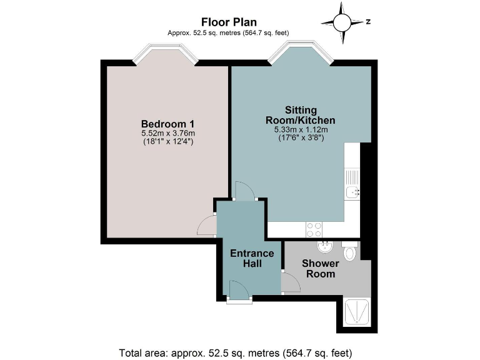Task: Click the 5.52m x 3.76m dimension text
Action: point(167,132)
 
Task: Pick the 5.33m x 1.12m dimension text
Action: point(301,130)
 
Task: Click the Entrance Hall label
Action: point(252,258)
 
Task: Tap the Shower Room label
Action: point(319,269)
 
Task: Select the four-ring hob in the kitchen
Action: point(314,229)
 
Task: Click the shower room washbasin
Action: point(324,247)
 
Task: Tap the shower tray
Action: point(357,312)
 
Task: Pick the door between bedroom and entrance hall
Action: point(206,224)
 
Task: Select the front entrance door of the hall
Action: point(239,292)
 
